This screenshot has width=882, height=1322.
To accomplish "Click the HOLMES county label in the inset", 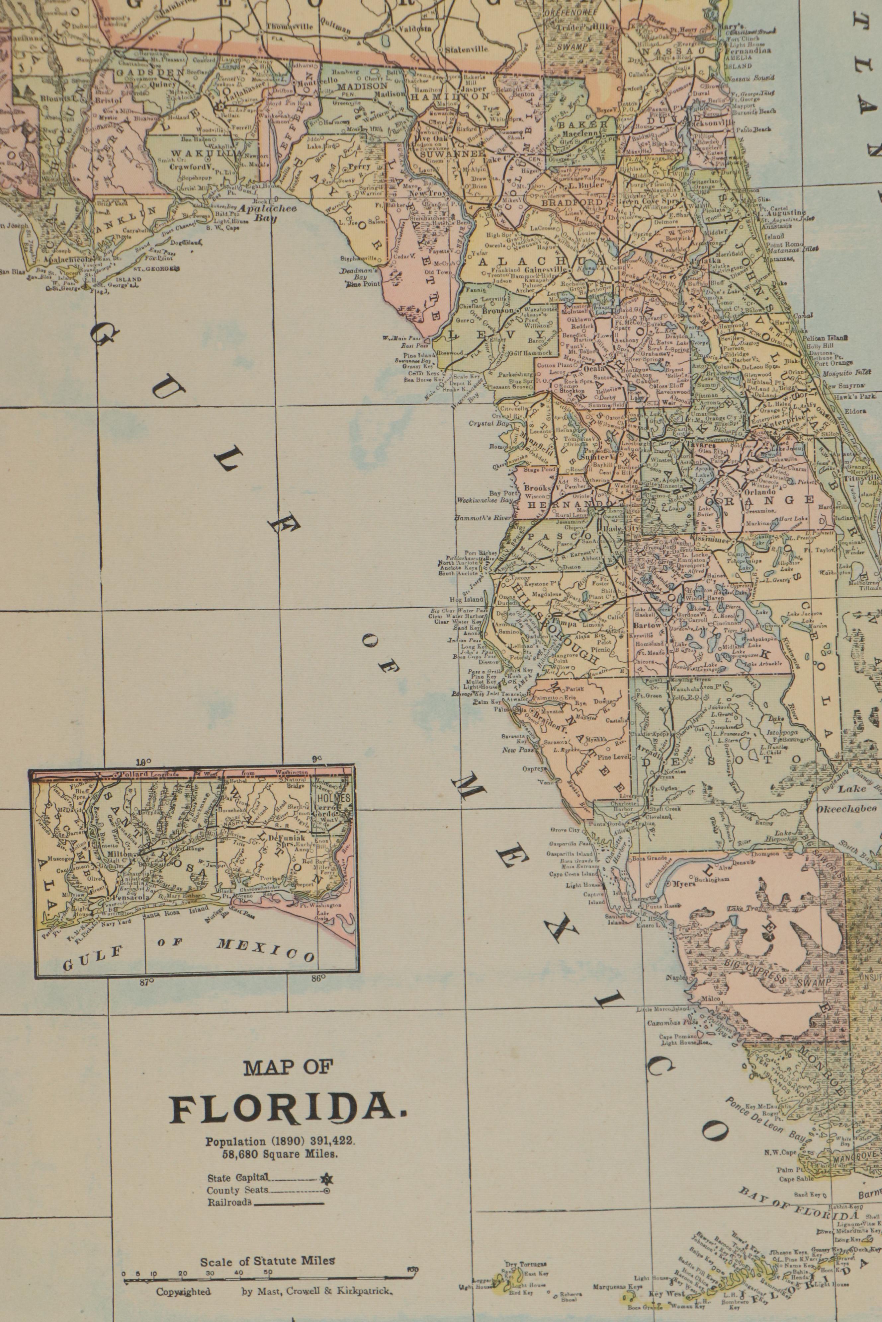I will point(333,798).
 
